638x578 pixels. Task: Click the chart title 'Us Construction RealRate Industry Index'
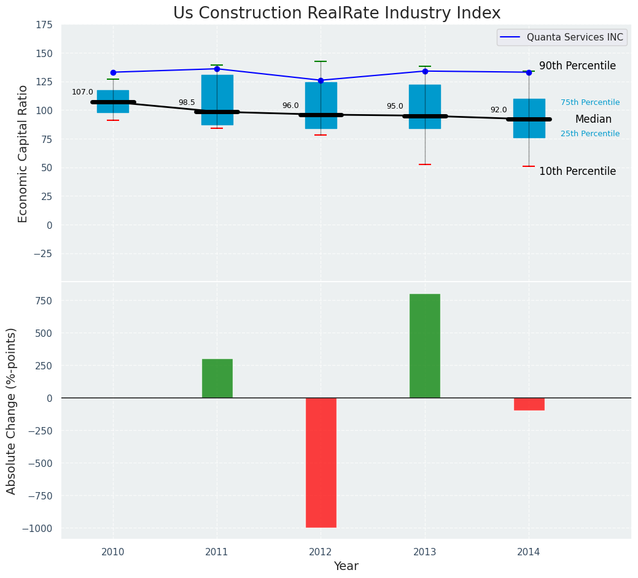click(x=337, y=13)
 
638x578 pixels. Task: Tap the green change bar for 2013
click(x=425, y=346)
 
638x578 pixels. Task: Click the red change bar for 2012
click(x=321, y=462)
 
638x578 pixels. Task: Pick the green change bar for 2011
click(x=217, y=379)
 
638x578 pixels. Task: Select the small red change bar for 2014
click(x=529, y=404)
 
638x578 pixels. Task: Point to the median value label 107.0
click(x=82, y=92)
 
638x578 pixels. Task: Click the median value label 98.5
click(x=187, y=102)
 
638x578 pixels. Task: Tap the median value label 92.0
click(x=499, y=110)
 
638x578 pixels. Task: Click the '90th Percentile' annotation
click(x=577, y=66)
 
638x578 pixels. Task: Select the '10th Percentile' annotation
click(x=577, y=171)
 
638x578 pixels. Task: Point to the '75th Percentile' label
click(x=590, y=102)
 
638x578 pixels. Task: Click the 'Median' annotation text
click(x=593, y=119)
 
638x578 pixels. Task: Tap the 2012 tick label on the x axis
click(x=321, y=552)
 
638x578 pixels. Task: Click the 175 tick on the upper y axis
click(x=44, y=25)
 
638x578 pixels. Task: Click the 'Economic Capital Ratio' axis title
click(x=23, y=153)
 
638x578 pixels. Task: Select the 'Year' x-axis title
click(x=346, y=566)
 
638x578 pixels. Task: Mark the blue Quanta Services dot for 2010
click(x=113, y=72)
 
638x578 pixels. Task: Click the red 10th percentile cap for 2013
click(x=425, y=164)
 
